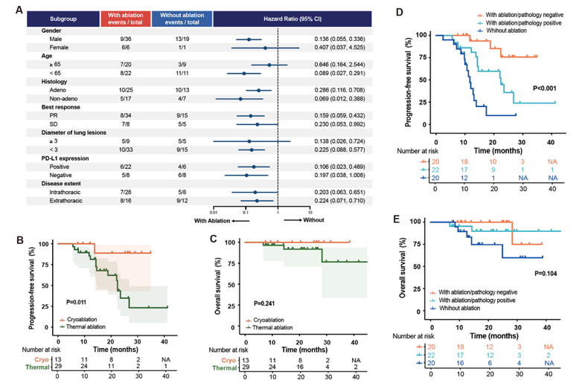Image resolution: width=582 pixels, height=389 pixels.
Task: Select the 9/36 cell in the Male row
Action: coord(118,39)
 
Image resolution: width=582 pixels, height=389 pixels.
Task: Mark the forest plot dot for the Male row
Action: coord(249,39)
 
